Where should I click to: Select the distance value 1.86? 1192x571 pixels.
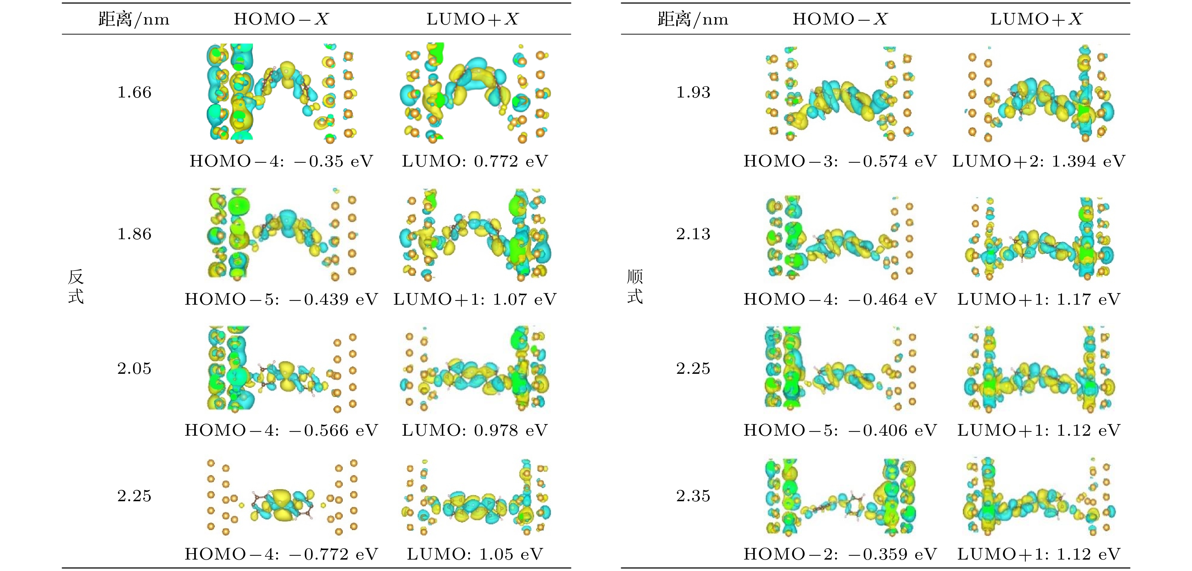(x=134, y=234)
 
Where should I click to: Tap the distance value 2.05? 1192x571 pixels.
(x=134, y=368)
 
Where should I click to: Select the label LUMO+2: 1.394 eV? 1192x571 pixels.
(x=1038, y=161)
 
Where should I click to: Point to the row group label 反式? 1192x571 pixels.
(x=76, y=287)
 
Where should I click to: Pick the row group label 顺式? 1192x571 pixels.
(x=634, y=287)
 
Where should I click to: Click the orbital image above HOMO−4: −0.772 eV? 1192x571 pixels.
(x=282, y=497)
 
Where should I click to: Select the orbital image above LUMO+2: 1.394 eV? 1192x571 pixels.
(x=1038, y=93)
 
